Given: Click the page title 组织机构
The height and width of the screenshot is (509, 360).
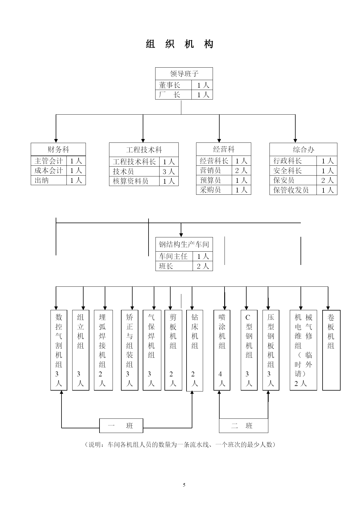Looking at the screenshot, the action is (180, 44).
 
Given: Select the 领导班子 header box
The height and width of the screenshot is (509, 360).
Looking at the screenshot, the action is (184, 74).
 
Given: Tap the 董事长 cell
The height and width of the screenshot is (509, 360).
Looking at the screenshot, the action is (173, 85).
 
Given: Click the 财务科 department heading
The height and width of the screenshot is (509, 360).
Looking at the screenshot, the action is (58, 149).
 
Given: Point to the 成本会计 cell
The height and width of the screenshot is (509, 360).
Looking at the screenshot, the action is (49, 170).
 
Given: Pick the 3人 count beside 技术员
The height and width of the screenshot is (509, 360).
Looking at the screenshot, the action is (169, 172).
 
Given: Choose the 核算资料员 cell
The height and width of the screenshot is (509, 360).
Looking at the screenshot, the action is (134, 181).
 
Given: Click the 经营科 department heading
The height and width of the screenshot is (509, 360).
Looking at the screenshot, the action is (224, 149).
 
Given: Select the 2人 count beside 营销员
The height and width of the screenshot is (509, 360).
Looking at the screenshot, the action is (241, 170).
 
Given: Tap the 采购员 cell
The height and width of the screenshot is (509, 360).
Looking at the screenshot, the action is (214, 190).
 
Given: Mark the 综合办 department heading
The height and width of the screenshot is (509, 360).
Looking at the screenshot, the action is (303, 149).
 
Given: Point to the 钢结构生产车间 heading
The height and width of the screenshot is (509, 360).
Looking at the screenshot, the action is (184, 244).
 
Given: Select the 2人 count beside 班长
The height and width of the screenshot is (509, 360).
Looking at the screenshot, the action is (203, 266).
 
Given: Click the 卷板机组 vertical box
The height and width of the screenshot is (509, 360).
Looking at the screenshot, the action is (331, 350).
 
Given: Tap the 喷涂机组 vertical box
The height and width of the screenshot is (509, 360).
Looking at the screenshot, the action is (222, 350).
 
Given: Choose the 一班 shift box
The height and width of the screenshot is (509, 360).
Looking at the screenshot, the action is (121, 426).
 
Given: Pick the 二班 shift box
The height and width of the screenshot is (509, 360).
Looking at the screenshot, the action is (243, 426).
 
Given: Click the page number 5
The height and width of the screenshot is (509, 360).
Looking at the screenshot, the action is (184, 485).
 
